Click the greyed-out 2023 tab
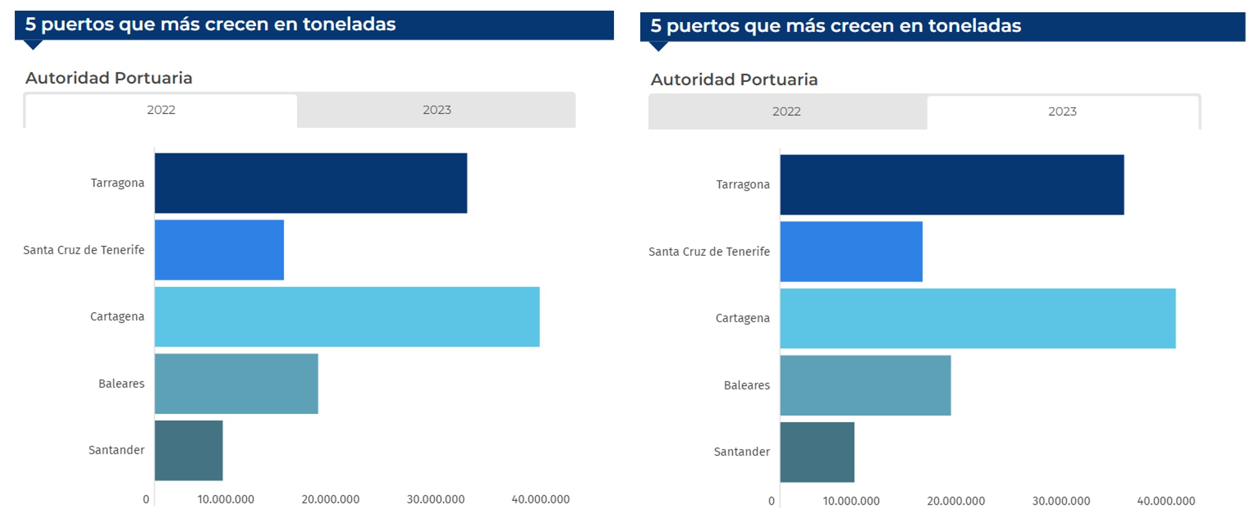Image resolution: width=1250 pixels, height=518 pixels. [436, 110]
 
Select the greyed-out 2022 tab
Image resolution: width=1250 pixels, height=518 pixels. [786, 111]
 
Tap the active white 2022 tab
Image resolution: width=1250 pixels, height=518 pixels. [161, 110]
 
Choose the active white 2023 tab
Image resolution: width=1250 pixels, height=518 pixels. [1062, 111]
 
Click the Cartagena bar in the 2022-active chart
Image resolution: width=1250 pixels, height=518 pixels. [347, 316]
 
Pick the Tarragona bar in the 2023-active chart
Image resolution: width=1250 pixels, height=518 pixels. [952, 185]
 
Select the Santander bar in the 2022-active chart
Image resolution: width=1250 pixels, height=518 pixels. [189, 450]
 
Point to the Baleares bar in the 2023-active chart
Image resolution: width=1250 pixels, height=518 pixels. [865, 385]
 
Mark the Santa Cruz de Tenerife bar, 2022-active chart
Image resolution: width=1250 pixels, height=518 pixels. [219, 250]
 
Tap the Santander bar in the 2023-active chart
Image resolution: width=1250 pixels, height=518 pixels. [817, 452]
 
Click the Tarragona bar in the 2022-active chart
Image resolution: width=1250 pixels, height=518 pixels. [310, 183]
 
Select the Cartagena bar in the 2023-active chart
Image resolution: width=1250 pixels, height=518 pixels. [977, 318]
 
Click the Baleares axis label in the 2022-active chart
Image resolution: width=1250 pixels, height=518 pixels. [121, 384]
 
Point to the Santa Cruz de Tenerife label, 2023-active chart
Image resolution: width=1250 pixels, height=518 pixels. [709, 251]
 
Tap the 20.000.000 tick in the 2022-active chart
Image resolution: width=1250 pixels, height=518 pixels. [330, 499]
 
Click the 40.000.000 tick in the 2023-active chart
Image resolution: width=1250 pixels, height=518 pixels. [1166, 501]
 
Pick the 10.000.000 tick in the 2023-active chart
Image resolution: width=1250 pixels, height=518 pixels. [851, 501]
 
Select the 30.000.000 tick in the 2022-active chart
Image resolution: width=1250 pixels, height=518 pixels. [435, 499]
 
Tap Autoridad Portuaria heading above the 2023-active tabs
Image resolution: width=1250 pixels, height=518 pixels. [734, 80]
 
